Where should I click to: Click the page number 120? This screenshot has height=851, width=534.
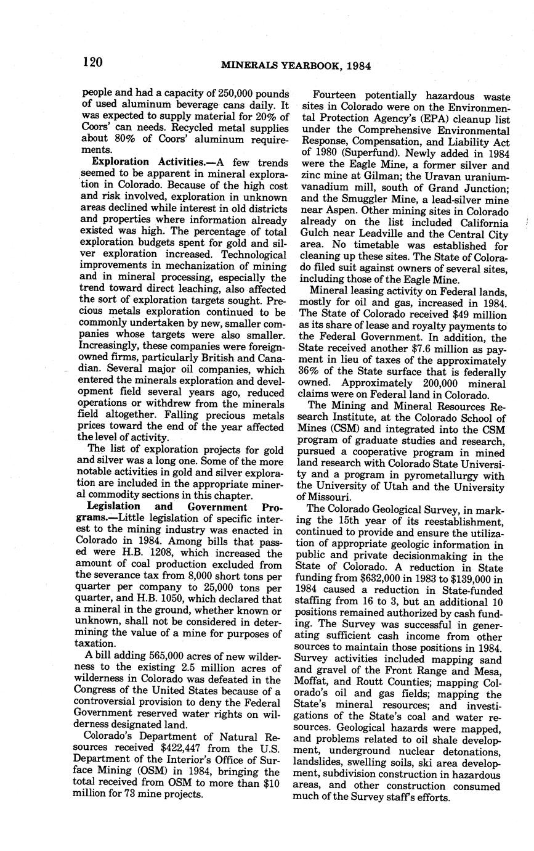click(x=91, y=62)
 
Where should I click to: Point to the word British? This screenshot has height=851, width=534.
click(x=216, y=358)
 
